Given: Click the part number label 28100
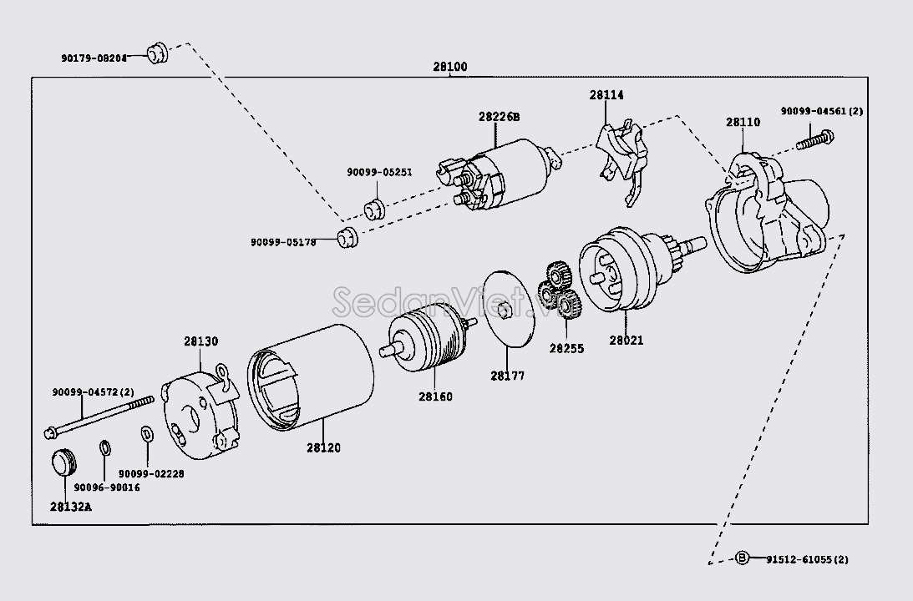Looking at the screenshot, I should [x=450, y=67].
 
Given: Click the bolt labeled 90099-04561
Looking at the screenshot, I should [x=814, y=140].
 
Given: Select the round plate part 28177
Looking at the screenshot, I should [x=509, y=308].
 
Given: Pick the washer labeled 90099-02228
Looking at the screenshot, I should [x=147, y=435].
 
